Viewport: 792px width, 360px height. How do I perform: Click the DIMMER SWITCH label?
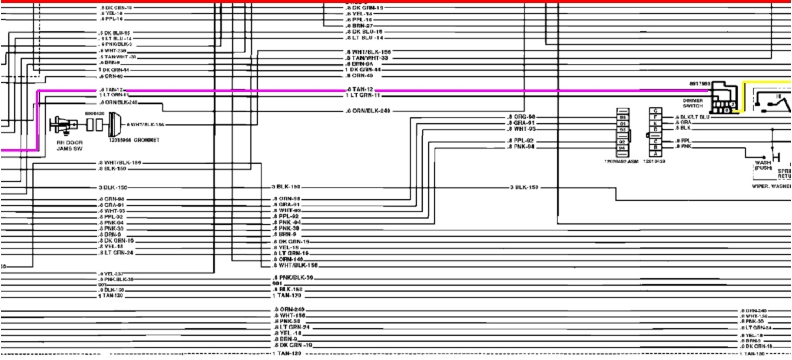(692, 103)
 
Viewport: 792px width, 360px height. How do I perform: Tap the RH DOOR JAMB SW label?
(69, 146)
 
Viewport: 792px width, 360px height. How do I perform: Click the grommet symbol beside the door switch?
(114, 124)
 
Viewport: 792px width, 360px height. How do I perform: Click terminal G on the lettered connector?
(655, 111)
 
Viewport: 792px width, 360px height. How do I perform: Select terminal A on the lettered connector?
(655, 153)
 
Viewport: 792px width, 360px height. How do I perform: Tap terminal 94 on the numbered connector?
(622, 148)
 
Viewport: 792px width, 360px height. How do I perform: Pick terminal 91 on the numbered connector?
(622, 123)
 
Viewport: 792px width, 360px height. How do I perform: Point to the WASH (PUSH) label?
(763, 165)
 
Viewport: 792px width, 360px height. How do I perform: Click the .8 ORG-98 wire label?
(521, 117)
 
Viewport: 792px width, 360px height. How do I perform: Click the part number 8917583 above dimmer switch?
(700, 84)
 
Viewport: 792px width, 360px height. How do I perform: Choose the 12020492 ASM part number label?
(621, 161)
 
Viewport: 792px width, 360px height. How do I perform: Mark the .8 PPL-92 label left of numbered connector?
(521, 141)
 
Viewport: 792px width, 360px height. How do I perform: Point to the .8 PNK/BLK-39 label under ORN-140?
(293, 277)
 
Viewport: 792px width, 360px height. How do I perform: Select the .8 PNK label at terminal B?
(683, 147)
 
